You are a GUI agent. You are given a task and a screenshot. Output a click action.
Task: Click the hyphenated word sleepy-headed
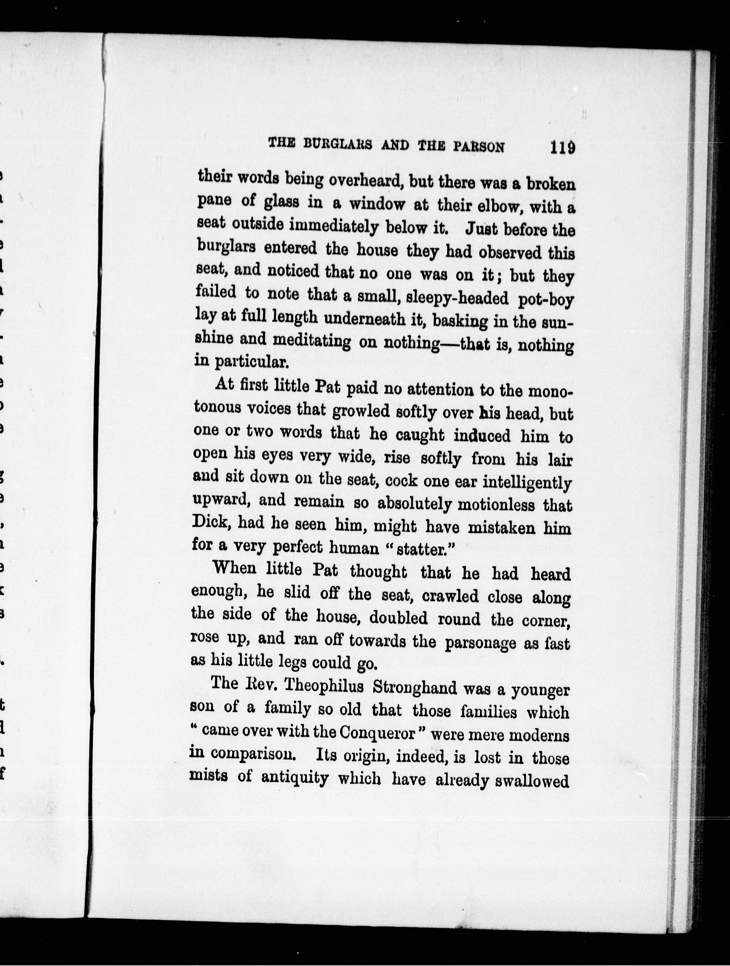coord(457,298)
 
